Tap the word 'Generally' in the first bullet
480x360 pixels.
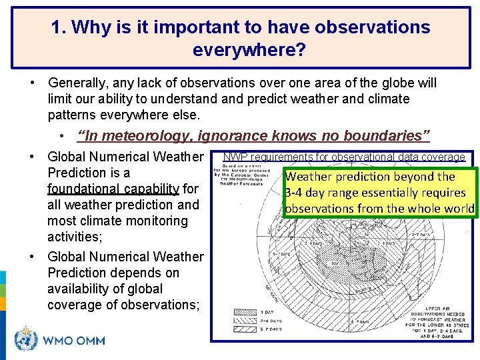pyautogui.click(x=79, y=83)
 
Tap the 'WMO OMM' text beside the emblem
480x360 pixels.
pyautogui.click(x=74, y=341)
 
